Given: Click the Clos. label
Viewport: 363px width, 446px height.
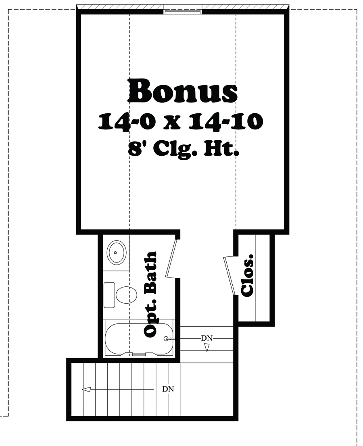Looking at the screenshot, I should [247, 275].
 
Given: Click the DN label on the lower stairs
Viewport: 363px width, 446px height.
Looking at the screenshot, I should [168, 389].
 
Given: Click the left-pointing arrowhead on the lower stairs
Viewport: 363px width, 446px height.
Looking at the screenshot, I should [86, 389].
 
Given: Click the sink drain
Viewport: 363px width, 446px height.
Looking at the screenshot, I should [116, 252].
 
